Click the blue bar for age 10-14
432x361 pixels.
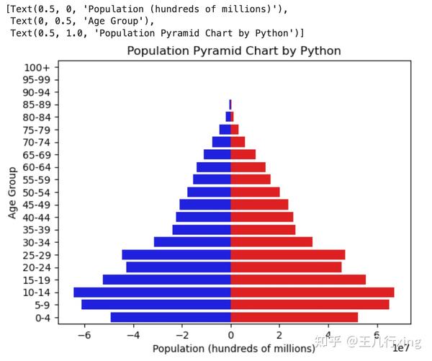coord(152,292)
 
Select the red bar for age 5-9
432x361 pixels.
coord(310,304)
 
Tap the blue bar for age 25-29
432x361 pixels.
coord(176,254)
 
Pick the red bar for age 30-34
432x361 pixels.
coord(271,242)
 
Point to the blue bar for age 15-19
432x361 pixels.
coord(166,280)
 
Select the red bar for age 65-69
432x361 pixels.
coord(243,154)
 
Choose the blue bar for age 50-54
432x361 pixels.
coord(209,192)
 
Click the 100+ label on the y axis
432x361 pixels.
coord(37,67)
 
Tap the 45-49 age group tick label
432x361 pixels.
coord(36,205)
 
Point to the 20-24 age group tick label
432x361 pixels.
coord(36,267)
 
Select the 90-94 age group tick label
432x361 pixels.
coord(36,92)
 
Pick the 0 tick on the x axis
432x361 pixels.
coord(230,335)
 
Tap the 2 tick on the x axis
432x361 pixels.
coord(279,335)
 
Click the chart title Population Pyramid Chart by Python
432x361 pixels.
coord(234,51)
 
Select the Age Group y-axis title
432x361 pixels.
coord(12,192)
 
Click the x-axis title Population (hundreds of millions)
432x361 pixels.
coord(234,349)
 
